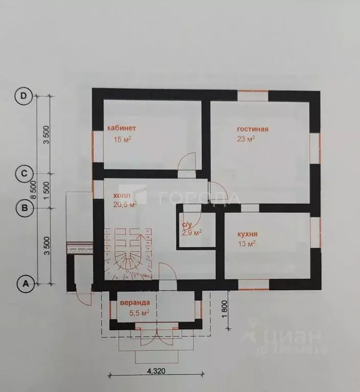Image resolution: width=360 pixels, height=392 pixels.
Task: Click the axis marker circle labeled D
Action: pos(23,96)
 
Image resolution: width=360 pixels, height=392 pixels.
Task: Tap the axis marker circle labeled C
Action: pos(23,173)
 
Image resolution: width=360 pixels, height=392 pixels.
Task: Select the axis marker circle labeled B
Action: pos(23,207)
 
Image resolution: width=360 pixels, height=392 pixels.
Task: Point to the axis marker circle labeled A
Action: pos(23,283)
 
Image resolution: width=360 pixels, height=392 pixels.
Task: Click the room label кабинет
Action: pos(121,128)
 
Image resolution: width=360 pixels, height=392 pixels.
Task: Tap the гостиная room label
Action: pos(252,129)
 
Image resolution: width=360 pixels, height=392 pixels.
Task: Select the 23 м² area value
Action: pos(246,139)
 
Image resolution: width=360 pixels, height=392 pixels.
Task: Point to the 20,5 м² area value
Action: pos(125,205)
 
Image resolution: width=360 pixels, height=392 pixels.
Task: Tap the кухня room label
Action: pos(247,235)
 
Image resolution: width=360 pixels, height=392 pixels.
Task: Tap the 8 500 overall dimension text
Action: pos(34,189)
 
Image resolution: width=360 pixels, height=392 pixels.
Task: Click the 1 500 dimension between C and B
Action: pos(46,190)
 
